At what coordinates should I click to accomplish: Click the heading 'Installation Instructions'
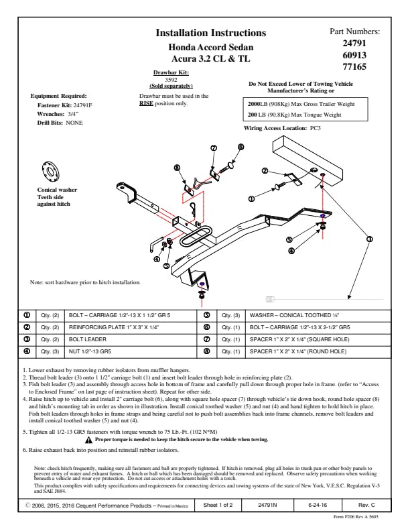click(210, 33)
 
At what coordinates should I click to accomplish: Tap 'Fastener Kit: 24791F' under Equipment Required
click(66, 106)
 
